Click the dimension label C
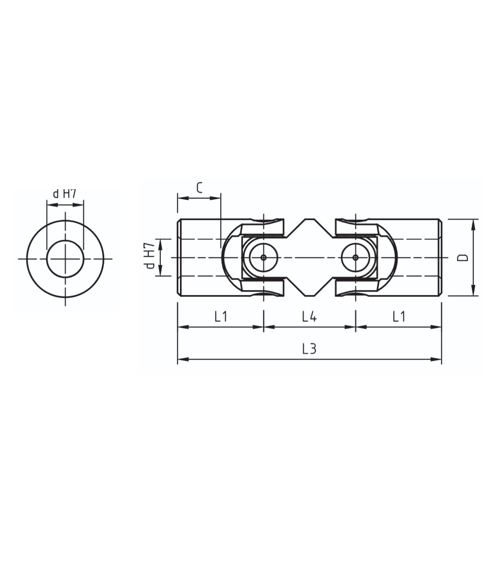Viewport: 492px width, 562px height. [x=200, y=188]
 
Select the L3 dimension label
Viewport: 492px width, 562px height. [x=309, y=349]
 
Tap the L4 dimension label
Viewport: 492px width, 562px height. [x=310, y=317]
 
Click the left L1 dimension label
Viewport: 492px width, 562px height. [x=221, y=317]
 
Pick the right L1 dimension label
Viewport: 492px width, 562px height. [x=399, y=317]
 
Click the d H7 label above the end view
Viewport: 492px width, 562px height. [x=64, y=194]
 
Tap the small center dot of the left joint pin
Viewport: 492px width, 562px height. [x=264, y=257]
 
